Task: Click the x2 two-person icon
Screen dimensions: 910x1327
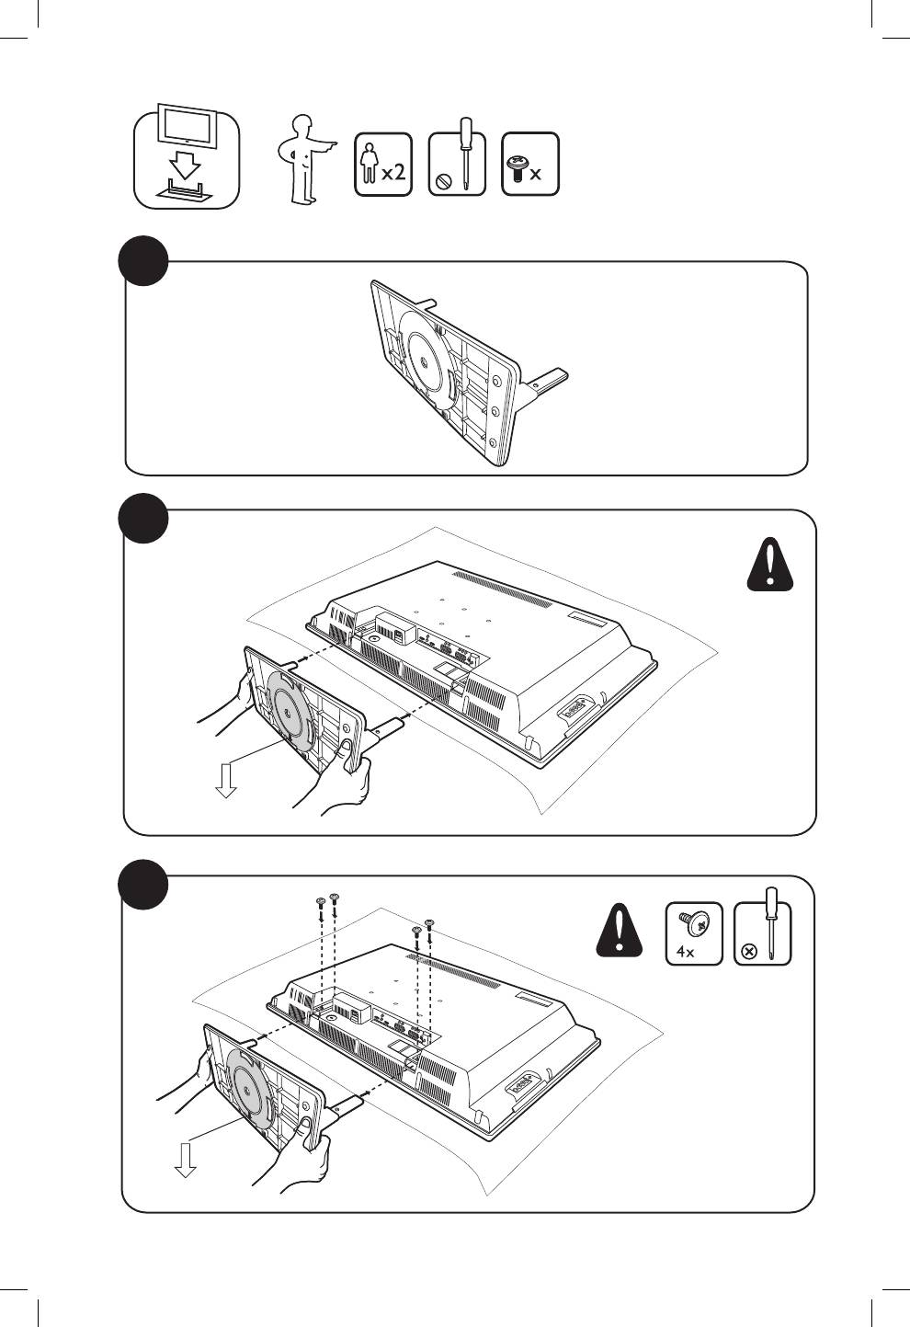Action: click(x=383, y=164)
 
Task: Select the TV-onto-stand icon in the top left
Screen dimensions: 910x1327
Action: click(x=188, y=156)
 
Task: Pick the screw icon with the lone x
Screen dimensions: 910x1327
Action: click(x=530, y=164)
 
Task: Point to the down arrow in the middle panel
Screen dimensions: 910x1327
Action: click(x=225, y=781)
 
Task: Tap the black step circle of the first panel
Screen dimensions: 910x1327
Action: click(x=144, y=260)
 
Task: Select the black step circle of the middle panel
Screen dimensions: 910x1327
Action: click(x=143, y=517)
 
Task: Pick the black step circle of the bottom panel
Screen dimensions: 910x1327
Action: click(x=142, y=884)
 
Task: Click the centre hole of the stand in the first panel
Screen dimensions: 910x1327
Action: click(x=425, y=362)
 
